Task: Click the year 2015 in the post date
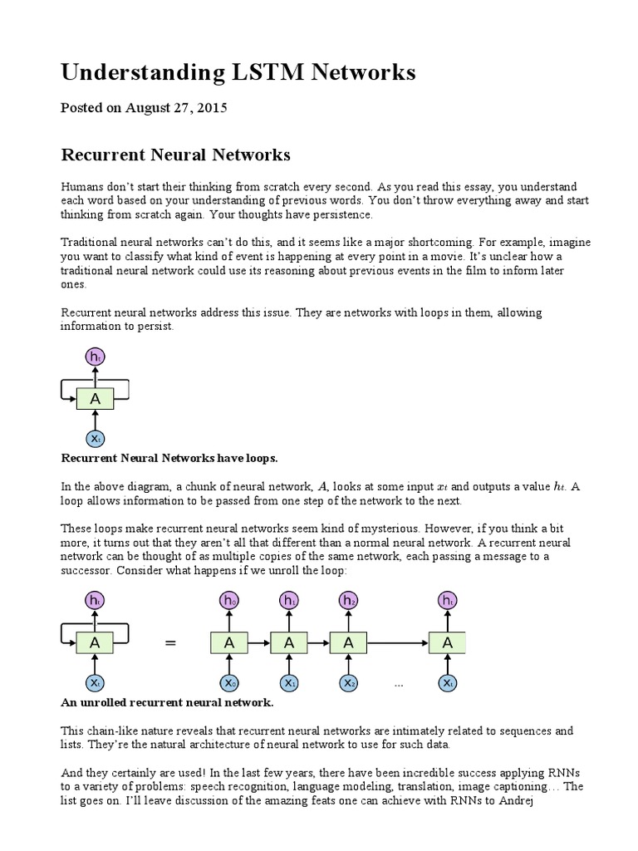[211, 108]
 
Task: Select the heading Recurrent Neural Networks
[176, 155]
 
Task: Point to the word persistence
[338, 214]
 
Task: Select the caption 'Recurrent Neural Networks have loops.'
[169, 459]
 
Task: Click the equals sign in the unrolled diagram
[172, 642]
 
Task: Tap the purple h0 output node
[229, 600]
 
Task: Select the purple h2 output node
[349, 600]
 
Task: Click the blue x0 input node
[229, 683]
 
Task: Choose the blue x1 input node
[289, 683]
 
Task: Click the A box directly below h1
[289, 642]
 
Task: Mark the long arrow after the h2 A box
[399, 642]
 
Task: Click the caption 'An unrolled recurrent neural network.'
[168, 703]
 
